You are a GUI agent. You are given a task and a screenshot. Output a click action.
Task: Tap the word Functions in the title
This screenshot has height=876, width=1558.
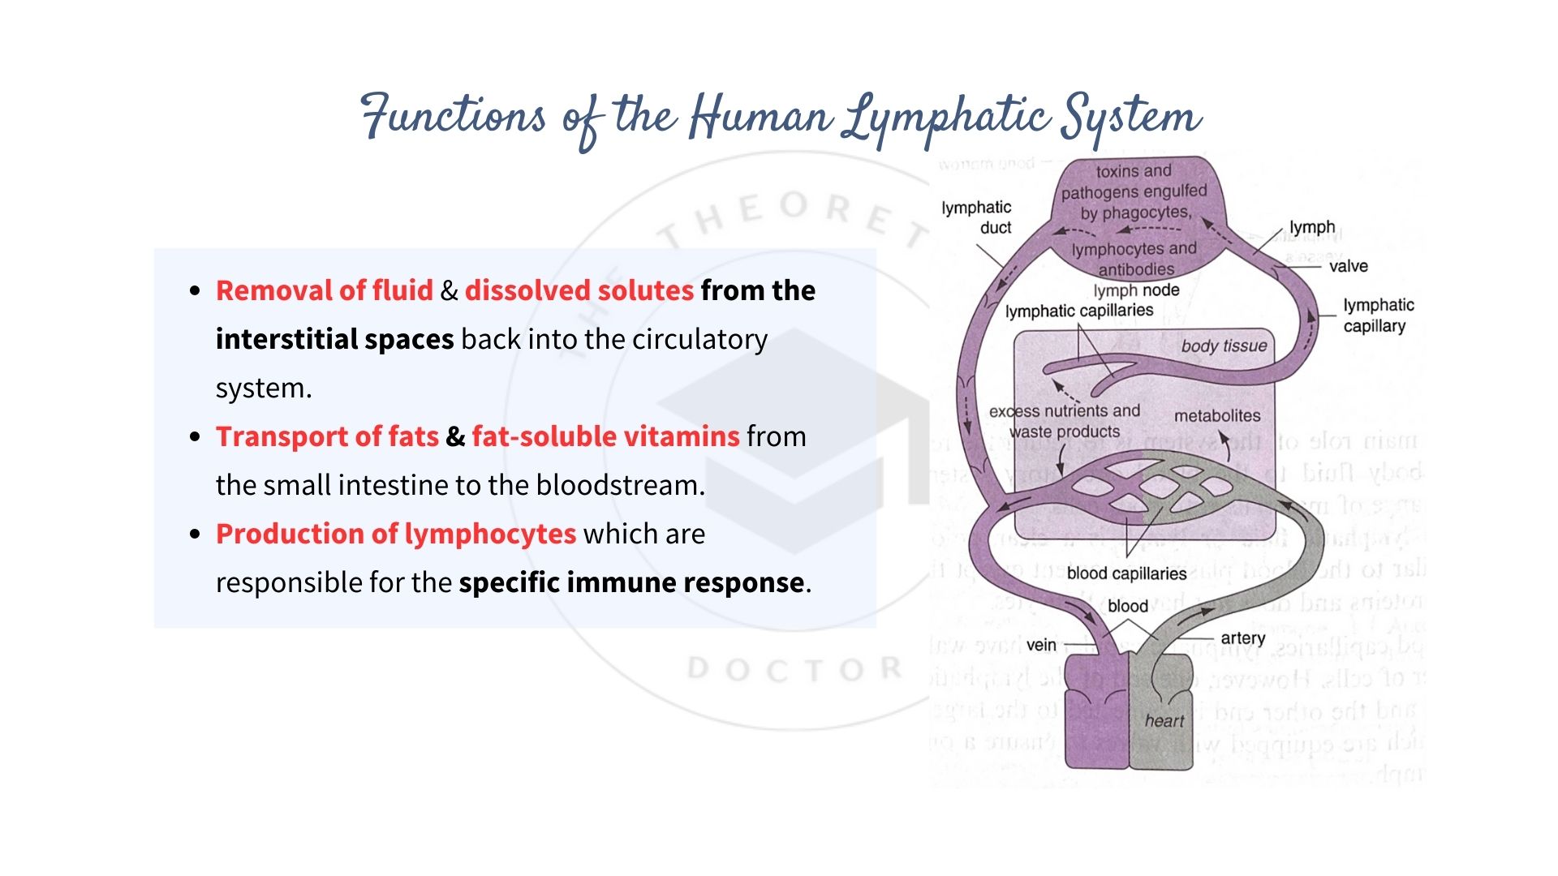(x=454, y=115)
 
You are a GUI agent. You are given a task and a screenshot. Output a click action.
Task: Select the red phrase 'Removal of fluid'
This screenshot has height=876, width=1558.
(x=325, y=290)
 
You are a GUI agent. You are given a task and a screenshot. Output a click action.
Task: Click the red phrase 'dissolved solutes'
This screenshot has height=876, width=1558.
(x=579, y=290)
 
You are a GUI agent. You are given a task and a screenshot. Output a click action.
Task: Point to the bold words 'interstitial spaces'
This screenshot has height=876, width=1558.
(x=334, y=339)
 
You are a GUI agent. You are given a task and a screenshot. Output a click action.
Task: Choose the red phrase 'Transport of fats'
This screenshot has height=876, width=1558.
(x=327, y=436)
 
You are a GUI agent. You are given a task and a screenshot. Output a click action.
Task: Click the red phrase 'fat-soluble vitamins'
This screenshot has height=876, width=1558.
(x=605, y=436)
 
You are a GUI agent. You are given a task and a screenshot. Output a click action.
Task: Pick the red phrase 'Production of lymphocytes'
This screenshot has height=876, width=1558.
(x=396, y=534)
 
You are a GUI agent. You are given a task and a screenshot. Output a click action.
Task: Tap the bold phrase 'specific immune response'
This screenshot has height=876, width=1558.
(x=631, y=582)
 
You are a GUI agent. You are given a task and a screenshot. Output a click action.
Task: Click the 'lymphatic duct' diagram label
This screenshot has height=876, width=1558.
(x=977, y=217)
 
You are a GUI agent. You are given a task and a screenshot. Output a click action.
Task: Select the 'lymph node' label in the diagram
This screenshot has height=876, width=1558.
(x=1136, y=290)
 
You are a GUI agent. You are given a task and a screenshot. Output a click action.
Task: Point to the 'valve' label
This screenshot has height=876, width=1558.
(x=1348, y=266)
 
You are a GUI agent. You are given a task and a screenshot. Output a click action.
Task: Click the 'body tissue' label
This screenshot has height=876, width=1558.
(x=1224, y=346)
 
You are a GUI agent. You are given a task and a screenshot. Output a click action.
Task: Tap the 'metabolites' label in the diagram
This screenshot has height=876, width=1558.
(x=1217, y=415)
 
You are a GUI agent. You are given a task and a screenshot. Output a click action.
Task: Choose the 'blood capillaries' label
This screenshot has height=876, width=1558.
(x=1126, y=573)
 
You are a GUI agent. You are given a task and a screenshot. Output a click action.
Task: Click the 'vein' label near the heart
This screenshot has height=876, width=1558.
(x=1041, y=645)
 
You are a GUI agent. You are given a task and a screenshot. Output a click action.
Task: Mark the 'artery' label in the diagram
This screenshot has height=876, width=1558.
(x=1242, y=638)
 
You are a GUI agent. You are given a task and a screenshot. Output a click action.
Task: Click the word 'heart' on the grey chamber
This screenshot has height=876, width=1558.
(x=1164, y=721)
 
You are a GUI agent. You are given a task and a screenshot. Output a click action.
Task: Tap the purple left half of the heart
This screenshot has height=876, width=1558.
(x=1095, y=714)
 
